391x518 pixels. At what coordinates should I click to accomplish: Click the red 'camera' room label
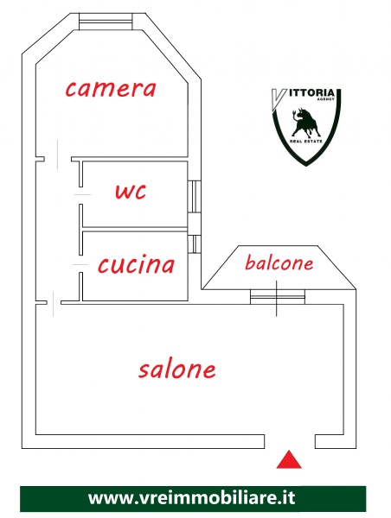point(111,89)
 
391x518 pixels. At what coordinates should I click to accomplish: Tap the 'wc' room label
point(131,192)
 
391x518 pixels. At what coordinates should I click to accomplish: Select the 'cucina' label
point(136,265)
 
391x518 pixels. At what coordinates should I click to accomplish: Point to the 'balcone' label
point(279,263)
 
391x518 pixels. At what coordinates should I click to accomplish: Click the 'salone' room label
point(177,369)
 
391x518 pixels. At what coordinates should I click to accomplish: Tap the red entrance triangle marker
point(289,459)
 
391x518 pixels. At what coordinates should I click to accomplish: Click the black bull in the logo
point(304,123)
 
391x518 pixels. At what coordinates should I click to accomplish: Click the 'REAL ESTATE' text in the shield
point(306,141)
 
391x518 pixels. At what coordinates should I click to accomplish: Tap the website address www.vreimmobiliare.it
point(192,498)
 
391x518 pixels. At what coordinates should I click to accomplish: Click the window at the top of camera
point(106,22)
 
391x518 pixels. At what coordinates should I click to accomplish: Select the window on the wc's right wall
point(195,197)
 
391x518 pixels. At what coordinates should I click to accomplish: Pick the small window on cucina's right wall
point(195,244)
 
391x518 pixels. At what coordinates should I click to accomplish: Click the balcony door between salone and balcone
point(277,297)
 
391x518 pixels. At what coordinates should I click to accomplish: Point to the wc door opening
point(80,195)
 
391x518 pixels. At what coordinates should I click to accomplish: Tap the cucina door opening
point(80,264)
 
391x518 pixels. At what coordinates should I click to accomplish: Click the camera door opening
point(58,159)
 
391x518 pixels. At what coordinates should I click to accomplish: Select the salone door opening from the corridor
point(54,303)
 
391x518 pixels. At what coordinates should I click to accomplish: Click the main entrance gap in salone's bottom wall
point(290,442)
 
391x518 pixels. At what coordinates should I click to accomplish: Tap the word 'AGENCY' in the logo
point(326,99)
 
